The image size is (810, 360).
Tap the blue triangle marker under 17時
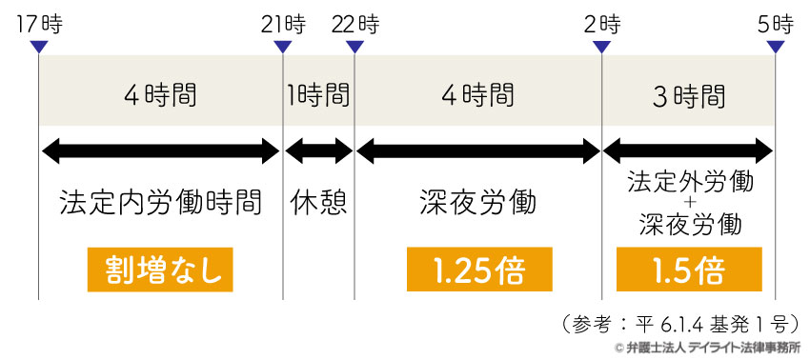click(38, 46)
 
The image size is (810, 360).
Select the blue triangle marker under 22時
click(354, 46)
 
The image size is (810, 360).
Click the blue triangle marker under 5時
click(776, 46)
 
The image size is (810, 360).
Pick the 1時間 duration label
click(318, 96)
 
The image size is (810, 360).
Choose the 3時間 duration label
click(688, 96)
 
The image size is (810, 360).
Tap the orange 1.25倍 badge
click(477, 270)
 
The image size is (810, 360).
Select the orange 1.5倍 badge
click(688, 270)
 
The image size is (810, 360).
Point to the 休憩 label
click(318, 203)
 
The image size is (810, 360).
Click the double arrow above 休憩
click(318, 150)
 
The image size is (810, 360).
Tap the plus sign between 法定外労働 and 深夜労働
click(689, 203)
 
